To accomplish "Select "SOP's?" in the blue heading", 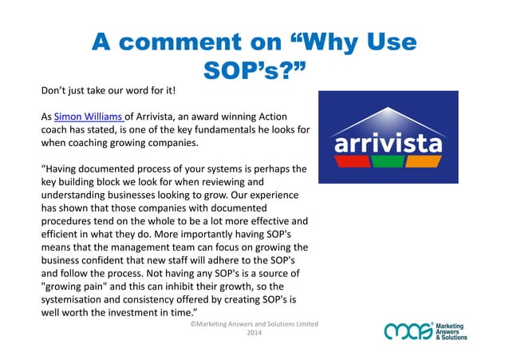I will [254, 73].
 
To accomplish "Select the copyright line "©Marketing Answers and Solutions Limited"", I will [254, 323].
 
